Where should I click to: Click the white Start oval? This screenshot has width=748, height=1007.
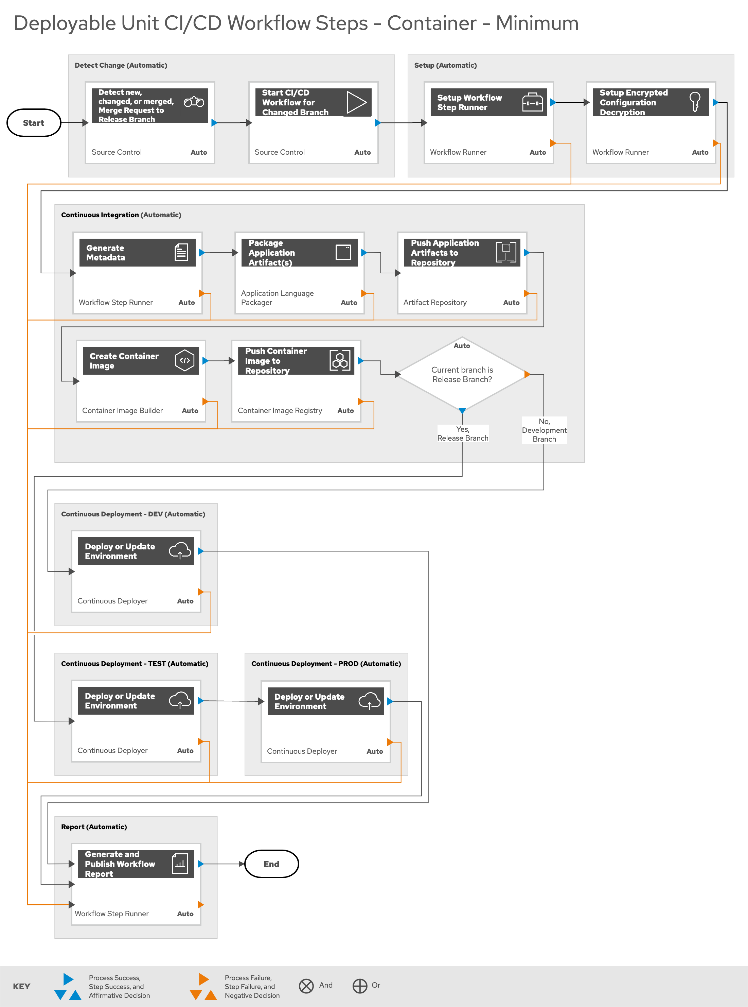(x=34, y=123)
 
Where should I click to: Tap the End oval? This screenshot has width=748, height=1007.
(x=271, y=864)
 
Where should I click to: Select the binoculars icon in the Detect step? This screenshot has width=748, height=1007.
(x=194, y=102)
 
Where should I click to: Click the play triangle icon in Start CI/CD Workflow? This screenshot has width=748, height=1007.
(x=356, y=102)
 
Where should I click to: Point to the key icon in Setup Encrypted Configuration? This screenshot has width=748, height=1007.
(x=695, y=102)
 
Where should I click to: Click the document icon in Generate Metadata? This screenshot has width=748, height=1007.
(x=181, y=252)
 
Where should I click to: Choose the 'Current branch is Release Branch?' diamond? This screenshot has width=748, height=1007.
(x=462, y=374)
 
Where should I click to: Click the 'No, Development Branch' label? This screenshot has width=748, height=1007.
(x=544, y=430)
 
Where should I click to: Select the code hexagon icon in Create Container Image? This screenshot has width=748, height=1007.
(x=185, y=361)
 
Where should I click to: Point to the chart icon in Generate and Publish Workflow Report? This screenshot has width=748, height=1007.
(x=180, y=863)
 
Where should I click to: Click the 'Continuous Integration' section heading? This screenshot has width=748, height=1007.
(x=100, y=215)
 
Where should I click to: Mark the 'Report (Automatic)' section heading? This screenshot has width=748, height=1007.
(x=94, y=826)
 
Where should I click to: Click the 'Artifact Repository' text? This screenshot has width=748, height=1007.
(x=435, y=302)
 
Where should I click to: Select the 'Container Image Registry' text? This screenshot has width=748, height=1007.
(x=280, y=411)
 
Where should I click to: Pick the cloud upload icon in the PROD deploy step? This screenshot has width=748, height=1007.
(x=370, y=701)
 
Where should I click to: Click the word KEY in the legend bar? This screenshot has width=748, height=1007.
(x=22, y=987)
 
